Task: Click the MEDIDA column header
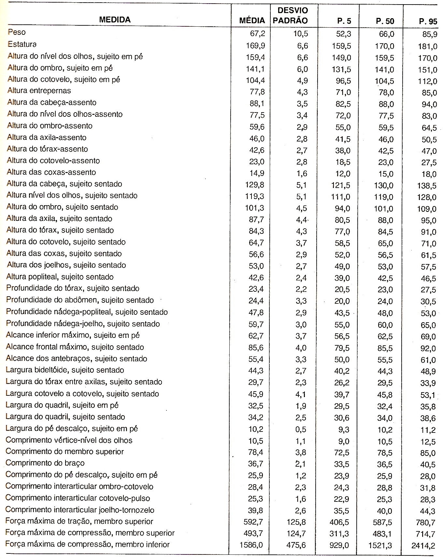tap(115, 20)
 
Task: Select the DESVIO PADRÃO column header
tap(290, 15)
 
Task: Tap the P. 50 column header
tap(385, 21)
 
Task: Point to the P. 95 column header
tap(428, 22)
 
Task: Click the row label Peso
tap(17, 33)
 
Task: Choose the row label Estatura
tap(22, 44)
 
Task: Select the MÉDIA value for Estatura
tap(255, 45)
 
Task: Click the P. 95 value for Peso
tap(428, 33)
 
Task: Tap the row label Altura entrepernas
tap(39, 91)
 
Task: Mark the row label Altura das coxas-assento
tap(51, 172)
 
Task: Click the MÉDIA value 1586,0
tap(254, 545)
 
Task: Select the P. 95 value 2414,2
tap(423, 546)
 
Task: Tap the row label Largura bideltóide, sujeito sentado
tap(65, 370)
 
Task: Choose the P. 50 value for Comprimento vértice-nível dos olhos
tap(385, 441)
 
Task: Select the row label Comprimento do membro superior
tap(64, 451)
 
